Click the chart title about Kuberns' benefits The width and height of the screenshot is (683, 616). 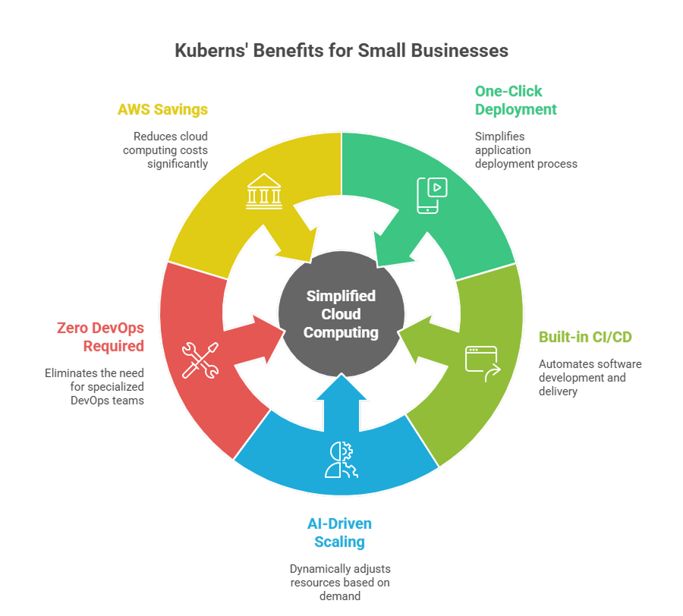[341, 51]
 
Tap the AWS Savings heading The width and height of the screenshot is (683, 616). [162, 109]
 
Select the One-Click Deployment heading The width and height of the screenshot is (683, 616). [516, 100]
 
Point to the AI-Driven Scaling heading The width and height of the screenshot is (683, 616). [340, 533]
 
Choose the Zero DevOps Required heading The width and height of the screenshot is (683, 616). [100, 337]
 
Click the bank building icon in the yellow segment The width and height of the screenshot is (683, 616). [263, 191]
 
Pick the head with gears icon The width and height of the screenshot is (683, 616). [340, 460]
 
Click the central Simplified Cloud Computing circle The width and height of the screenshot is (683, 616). [341, 314]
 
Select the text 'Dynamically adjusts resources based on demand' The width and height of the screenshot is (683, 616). [340, 582]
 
